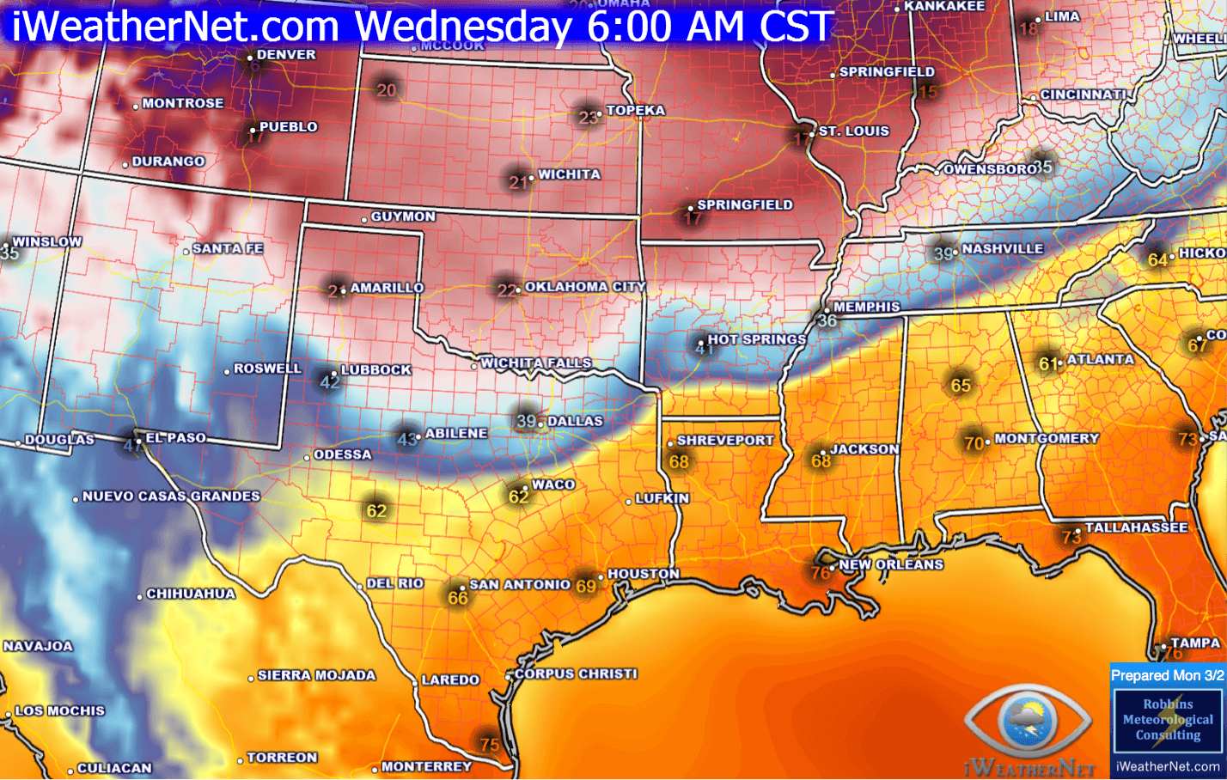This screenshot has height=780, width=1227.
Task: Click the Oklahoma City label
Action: click(x=584, y=287)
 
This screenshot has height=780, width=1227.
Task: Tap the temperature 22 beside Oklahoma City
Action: click(x=507, y=290)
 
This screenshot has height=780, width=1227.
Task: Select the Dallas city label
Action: click(x=575, y=421)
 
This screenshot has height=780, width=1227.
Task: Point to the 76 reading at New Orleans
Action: click(x=821, y=572)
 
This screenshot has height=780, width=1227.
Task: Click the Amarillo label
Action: click(x=387, y=288)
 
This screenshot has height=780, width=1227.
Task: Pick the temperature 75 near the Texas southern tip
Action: click(x=489, y=744)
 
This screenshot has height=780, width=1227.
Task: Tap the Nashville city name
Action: click(x=1002, y=249)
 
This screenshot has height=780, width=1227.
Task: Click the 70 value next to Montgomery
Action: click(x=974, y=443)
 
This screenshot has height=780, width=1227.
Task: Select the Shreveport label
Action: click(x=725, y=440)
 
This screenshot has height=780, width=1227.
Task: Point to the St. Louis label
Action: click(x=853, y=131)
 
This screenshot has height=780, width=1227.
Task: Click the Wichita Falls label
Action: click(x=536, y=363)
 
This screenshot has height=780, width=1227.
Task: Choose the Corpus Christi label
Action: click(x=576, y=673)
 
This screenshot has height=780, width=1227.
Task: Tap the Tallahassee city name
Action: click(x=1136, y=527)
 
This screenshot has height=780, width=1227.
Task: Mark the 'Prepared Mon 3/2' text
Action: click(x=1167, y=675)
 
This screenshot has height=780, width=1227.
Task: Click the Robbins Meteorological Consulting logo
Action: click(x=1167, y=720)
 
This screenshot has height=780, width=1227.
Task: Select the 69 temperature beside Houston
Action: click(x=585, y=586)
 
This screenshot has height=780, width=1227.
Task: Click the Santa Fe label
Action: click(x=227, y=248)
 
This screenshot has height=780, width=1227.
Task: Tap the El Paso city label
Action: click(x=175, y=438)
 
